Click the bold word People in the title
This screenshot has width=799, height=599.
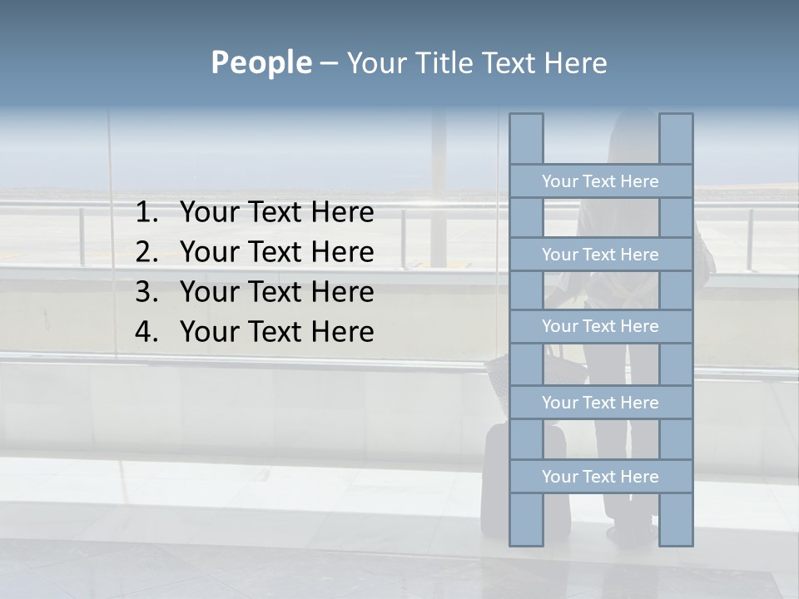(261, 62)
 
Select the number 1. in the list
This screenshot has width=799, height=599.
(146, 213)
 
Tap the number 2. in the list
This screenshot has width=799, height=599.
(146, 252)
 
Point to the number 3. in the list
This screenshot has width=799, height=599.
(146, 292)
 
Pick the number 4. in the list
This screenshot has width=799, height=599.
(146, 332)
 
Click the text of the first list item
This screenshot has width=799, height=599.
(276, 213)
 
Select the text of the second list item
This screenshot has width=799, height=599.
(276, 252)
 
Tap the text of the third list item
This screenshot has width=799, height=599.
(276, 292)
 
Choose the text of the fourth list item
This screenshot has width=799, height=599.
(276, 332)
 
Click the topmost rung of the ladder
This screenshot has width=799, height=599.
(600, 181)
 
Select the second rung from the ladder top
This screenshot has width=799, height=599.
(600, 255)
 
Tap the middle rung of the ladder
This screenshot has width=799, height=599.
(600, 326)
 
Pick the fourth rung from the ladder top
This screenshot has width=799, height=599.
(600, 403)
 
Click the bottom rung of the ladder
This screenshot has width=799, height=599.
(600, 477)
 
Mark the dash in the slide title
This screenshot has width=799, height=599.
(328, 64)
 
